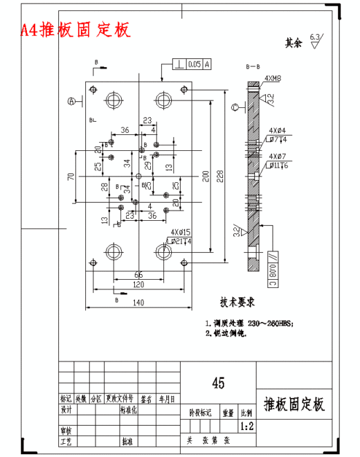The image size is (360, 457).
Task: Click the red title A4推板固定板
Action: point(75,30)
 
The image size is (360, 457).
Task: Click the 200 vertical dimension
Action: point(205,177)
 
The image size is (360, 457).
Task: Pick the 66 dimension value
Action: point(138,275)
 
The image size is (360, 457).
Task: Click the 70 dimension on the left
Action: point(71,176)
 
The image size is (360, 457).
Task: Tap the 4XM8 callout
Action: point(272,79)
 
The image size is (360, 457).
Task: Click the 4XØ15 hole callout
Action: point(181,233)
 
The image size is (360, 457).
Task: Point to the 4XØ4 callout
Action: point(277,130)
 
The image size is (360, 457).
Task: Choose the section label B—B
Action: point(253,66)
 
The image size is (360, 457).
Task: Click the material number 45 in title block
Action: point(217,382)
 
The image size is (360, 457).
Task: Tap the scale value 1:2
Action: point(246,427)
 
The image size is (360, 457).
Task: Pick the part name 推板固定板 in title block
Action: point(294,404)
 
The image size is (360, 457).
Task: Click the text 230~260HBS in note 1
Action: point(270,323)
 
